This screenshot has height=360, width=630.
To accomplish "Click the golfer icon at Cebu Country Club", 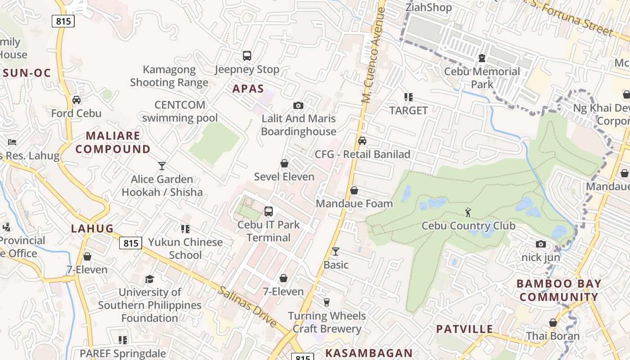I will pyautogui.click(x=468, y=212).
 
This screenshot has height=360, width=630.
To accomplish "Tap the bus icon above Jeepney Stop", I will pyautogui.click(x=247, y=56).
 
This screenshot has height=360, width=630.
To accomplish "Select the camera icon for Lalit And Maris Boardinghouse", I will pyautogui.click(x=298, y=106).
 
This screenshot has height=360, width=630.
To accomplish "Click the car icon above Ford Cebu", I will pyautogui.click(x=76, y=100).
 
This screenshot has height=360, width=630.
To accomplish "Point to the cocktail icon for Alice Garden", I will pyautogui.click(x=162, y=166).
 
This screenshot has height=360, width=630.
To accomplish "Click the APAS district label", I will pyautogui.click(x=248, y=89).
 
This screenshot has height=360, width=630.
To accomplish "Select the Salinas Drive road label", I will pyautogui.click(x=247, y=306).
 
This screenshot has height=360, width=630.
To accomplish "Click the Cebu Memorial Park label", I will pyautogui.click(x=482, y=78).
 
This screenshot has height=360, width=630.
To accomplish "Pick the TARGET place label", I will pyautogui.click(x=409, y=110).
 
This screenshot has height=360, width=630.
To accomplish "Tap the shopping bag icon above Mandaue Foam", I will pyautogui.click(x=354, y=190).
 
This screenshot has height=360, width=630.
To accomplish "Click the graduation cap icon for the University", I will pyautogui.click(x=150, y=279).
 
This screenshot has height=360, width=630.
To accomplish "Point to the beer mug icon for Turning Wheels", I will pyautogui.click(x=327, y=302).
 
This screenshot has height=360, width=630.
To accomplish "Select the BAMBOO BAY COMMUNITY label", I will pyautogui.click(x=559, y=290).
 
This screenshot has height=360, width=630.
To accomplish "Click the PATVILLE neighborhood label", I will pyautogui.click(x=464, y=329).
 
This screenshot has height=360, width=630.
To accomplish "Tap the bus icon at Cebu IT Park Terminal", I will pyautogui.click(x=269, y=211).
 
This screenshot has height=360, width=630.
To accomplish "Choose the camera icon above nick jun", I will pyautogui.click(x=541, y=244).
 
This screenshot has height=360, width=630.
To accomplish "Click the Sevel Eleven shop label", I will pyautogui.click(x=284, y=177).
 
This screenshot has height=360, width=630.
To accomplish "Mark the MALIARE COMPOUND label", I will pyautogui.click(x=113, y=142).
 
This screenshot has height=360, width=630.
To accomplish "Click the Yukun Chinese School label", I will pyautogui.click(x=185, y=248).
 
